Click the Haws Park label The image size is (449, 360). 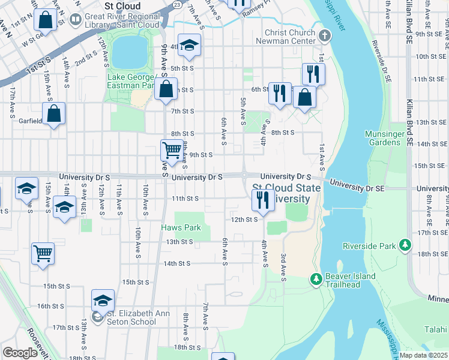pos(181,228)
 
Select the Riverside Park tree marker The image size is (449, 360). pos(406,245)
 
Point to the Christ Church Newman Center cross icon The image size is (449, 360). pos(325,35)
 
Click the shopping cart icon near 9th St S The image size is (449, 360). pos(172,149)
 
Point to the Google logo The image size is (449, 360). pos(20,353)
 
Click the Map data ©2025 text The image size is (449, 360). pos(424,355)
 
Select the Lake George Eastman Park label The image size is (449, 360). pos(133,81)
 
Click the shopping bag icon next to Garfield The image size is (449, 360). pos(54,113)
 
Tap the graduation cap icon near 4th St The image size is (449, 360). pos(189,45)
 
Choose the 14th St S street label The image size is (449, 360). pos(177,263)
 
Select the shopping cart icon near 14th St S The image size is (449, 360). pos(43,254)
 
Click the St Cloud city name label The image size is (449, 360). pos(122,6)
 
